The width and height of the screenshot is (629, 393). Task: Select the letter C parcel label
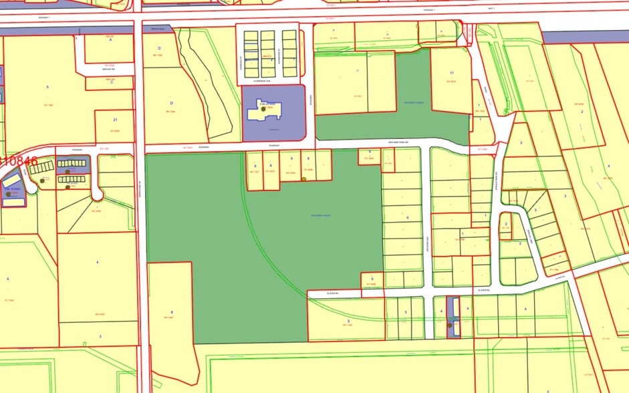click(111, 84)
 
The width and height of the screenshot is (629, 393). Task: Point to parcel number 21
click(115, 120)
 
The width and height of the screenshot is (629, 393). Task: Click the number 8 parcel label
click(172, 312)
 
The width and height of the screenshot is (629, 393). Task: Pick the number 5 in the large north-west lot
click(48, 87)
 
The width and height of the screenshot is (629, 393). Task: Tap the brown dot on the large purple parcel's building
click(271, 108)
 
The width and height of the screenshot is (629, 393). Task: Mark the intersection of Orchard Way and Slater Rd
click(428, 292)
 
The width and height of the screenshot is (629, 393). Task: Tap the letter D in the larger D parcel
click(172, 103)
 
